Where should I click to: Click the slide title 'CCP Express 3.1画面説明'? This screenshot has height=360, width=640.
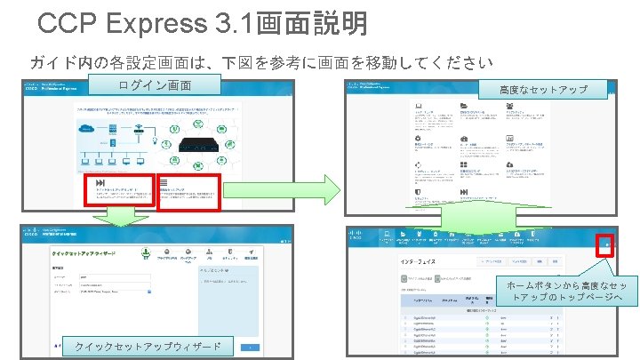coord(203,24)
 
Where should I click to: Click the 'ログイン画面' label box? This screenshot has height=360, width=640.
coord(156,85)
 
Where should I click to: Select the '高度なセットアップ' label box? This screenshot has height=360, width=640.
coord(543,91)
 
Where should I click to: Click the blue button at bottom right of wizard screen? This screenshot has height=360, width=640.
coord(252,346)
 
